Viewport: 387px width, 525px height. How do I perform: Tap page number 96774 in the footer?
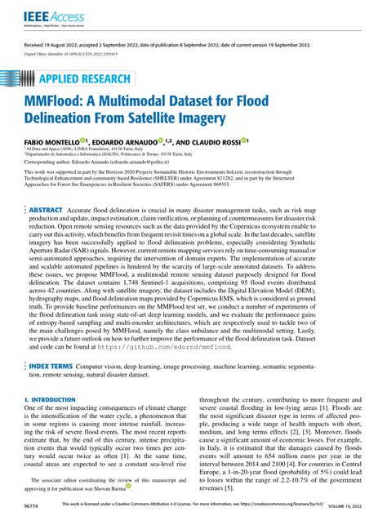[x=34, y=506]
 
